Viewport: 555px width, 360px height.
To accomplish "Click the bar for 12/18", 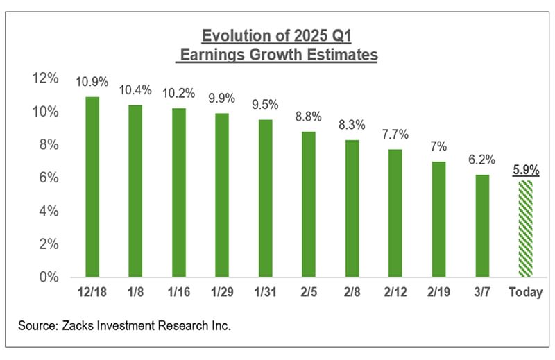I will click(x=92, y=187).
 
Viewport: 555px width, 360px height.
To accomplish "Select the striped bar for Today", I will click(x=525, y=229).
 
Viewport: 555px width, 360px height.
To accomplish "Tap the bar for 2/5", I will click(x=309, y=205).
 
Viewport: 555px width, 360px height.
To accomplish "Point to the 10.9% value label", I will click(x=92, y=82).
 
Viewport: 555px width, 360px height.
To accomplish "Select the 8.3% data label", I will click(x=352, y=126).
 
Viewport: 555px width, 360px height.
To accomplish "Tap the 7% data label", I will click(x=438, y=147).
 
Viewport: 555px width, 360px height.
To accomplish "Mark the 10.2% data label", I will click(x=178, y=94).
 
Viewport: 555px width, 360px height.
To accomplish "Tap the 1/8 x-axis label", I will click(x=135, y=293).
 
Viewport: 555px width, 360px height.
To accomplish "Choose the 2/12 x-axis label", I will click(x=395, y=293).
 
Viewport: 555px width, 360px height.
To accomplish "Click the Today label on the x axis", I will click(x=525, y=293).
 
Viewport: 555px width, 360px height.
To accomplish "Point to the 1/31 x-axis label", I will click(x=265, y=293).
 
